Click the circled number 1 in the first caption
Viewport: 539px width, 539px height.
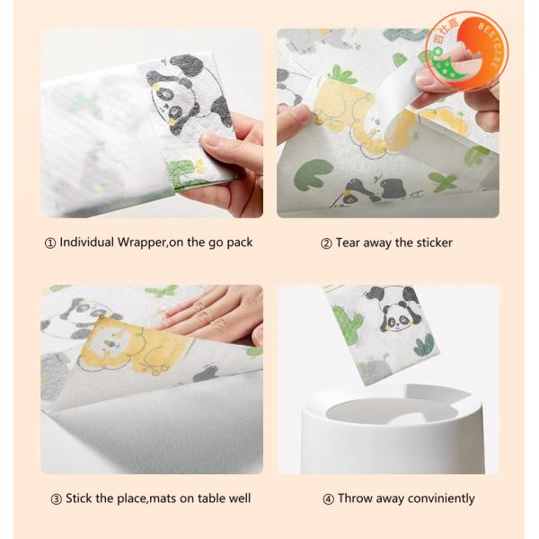point(50,243)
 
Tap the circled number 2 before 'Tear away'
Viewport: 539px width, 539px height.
point(327,243)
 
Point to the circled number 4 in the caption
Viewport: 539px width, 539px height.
point(329,499)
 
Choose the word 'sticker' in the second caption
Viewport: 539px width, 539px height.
point(433,243)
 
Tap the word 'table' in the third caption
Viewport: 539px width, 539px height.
point(199,499)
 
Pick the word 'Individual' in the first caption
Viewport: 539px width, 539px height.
point(88,243)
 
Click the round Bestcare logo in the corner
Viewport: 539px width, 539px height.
point(467,50)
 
